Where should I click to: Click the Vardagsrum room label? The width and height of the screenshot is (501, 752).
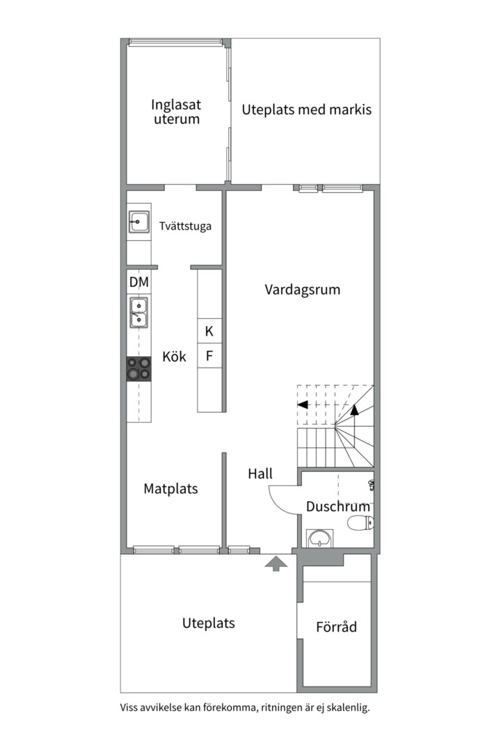tap(303, 290)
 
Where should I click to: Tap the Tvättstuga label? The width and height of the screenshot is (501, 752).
tap(185, 226)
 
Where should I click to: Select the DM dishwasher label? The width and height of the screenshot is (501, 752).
tap(139, 283)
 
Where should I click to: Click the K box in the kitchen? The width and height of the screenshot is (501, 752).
tap(209, 331)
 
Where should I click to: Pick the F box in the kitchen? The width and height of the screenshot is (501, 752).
tap(209, 357)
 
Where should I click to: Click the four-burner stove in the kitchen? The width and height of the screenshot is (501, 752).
tap(138, 368)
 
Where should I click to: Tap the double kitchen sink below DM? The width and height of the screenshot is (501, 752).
tap(138, 311)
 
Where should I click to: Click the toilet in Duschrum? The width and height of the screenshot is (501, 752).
tap(360, 524)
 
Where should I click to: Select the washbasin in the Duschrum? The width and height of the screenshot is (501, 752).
tap(320, 538)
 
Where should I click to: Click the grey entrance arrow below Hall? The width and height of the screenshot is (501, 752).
tap(276, 563)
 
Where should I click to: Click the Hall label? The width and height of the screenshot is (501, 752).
tap(260, 474)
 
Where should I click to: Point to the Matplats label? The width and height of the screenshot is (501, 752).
tap(170, 489)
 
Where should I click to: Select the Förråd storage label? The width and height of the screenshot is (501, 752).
tap(336, 627)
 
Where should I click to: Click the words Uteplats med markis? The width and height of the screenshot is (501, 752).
tap(307, 109)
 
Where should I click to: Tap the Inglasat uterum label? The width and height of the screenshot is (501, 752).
tap(177, 111)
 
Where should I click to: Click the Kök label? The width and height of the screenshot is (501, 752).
tap(174, 357)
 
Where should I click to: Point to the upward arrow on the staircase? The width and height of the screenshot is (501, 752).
tap(354, 409)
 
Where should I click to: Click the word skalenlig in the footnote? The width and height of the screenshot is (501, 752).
tap(346, 707)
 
